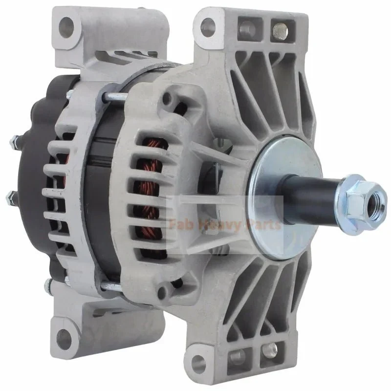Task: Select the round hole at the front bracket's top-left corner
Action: click(x=208, y=25)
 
